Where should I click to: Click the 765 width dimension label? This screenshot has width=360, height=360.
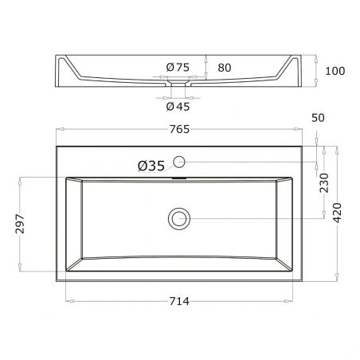[x=179, y=129]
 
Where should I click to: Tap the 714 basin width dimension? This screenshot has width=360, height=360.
[x=179, y=301]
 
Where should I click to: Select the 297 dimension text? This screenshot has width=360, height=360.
[x=20, y=224]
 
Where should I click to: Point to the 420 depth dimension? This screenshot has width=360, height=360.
[x=338, y=213]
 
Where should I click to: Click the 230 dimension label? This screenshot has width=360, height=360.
[x=324, y=183]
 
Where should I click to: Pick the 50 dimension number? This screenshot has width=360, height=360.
[x=318, y=118]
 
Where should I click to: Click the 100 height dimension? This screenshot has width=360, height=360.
[x=335, y=71]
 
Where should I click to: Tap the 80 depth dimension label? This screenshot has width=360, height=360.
[x=225, y=68]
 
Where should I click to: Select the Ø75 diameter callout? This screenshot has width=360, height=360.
[x=178, y=68]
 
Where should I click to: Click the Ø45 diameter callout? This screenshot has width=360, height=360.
[x=178, y=107]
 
